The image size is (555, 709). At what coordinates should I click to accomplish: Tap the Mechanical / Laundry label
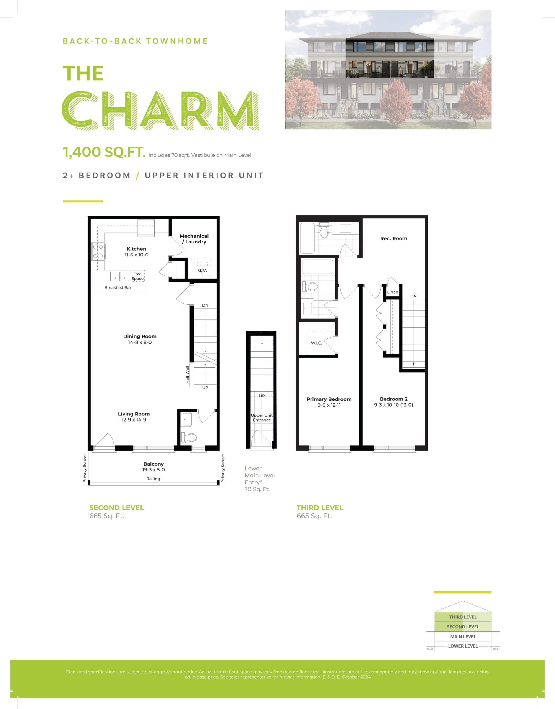(x=194, y=239)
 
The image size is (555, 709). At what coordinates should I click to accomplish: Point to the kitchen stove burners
(x=98, y=251)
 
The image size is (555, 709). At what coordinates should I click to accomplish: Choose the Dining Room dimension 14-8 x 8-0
(x=140, y=342)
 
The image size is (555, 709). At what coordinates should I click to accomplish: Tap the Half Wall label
(x=187, y=374)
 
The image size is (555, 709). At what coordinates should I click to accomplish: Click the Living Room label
(x=134, y=414)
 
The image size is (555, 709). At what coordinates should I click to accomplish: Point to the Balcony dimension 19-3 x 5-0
(x=153, y=469)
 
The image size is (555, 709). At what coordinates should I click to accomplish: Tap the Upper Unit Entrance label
(x=262, y=417)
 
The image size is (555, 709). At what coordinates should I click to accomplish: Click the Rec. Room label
(x=394, y=238)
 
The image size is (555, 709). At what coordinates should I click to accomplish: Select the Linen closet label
(x=392, y=292)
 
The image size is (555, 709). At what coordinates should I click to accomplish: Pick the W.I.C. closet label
(x=316, y=343)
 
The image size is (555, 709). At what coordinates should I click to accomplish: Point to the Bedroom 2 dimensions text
(x=394, y=405)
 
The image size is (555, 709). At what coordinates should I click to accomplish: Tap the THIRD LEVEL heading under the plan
(x=320, y=508)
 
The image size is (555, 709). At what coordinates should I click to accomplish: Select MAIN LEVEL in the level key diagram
(x=463, y=636)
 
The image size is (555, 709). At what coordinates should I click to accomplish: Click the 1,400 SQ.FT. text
(x=104, y=152)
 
